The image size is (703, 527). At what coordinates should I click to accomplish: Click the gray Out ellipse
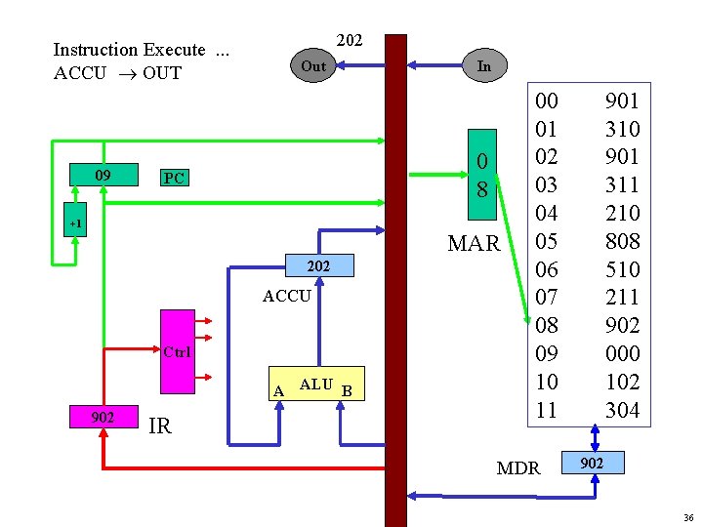(x=313, y=66)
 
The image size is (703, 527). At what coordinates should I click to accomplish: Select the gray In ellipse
(x=483, y=66)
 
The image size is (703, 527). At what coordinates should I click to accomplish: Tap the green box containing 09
(x=102, y=177)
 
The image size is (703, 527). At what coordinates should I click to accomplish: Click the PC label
(x=175, y=179)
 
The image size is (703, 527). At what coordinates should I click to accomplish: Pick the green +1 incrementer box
(x=75, y=224)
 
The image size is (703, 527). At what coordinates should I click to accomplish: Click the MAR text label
(x=474, y=243)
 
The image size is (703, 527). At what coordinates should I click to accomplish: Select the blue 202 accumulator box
(x=319, y=266)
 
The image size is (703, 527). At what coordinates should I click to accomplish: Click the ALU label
(x=315, y=385)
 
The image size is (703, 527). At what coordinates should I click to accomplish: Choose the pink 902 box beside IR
(x=102, y=417)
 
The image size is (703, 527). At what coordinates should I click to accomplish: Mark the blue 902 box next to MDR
(x=592, y=462)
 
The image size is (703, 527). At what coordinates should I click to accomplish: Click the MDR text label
(x=518, y=468)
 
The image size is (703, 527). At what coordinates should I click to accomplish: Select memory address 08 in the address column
(x=547, y=325)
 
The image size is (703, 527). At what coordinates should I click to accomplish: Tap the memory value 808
(x=622, y=240)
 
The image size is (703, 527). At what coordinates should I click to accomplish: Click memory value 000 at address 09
(x=622, y=353)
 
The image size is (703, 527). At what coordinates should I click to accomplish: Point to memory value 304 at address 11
(x=622, y=410)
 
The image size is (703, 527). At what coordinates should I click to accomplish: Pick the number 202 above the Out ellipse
(x=350, y=40)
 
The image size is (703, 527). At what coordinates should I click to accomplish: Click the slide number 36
(x=688, y=517)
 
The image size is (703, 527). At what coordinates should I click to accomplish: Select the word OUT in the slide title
(x=160, y=73)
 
